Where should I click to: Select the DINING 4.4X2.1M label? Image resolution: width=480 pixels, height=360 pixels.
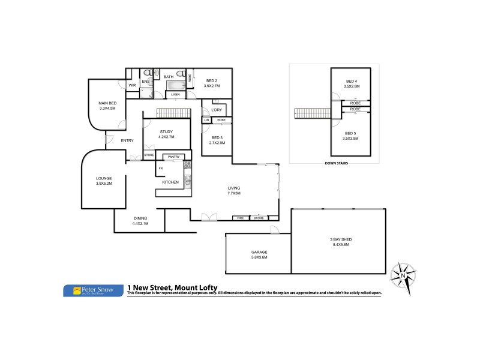(140, 221)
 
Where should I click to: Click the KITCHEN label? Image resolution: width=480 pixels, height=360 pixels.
(170, 182)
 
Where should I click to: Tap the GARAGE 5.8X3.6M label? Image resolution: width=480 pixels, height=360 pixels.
(259, 254)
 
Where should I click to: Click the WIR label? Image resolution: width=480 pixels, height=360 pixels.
(133, 85)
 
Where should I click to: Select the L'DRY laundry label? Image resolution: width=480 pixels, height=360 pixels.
(217, 110)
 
